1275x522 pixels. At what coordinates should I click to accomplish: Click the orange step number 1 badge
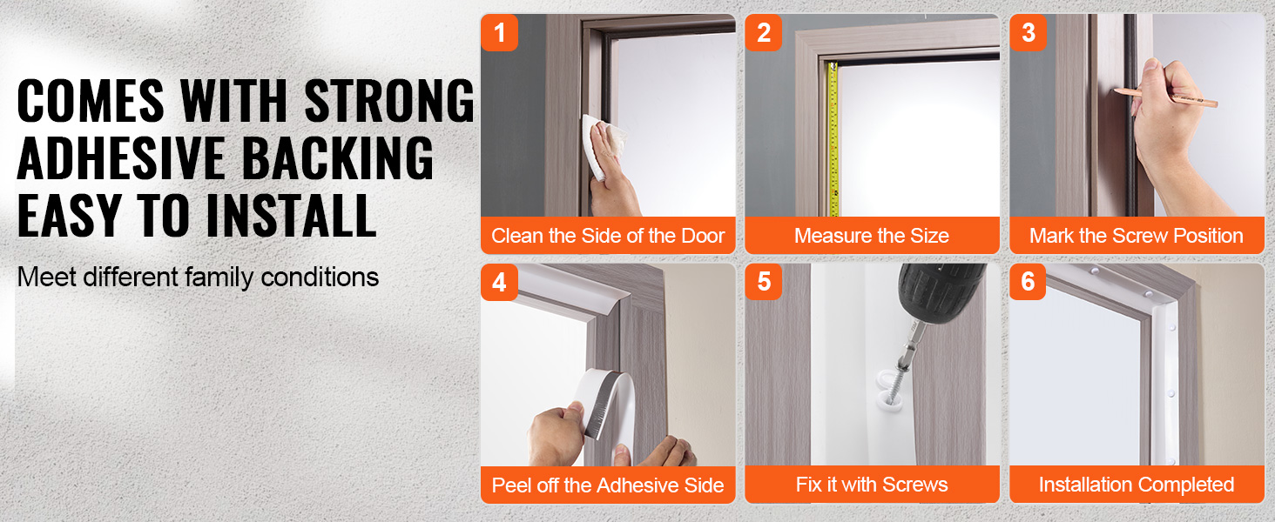click(x=499, y=32)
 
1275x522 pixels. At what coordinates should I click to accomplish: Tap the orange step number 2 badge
click(x=763, y=32)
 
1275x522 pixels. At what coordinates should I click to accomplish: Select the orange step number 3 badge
click(x=1028, y=32)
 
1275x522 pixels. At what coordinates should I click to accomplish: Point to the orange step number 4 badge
click(x=499, y=282)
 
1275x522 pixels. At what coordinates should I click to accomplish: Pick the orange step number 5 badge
click(x=763, y=282)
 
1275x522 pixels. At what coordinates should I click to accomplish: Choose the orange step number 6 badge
click(x=1028, y=282)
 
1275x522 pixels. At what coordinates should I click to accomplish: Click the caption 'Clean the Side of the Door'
click(x=608, y=236)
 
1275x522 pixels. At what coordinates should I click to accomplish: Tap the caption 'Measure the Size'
click(x=872, y=236)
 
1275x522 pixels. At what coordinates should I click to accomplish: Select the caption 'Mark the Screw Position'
click(x=1137, y=236)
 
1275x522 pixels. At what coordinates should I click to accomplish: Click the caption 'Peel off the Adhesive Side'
click(x=608, y=485)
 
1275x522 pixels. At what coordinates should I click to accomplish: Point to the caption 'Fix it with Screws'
click(x=872, y=485)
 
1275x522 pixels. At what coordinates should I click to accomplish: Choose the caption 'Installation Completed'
click(x=1137, y=485)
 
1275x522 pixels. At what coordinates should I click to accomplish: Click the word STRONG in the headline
click(x=389, y=101)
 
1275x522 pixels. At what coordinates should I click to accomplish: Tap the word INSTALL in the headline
click(x=291, y=216)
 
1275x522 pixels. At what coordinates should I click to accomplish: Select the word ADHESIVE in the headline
click(x=120, y=157)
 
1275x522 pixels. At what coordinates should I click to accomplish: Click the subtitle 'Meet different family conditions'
click(x=198, y=277)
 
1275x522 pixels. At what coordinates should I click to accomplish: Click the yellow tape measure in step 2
click(x=833, y=139)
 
